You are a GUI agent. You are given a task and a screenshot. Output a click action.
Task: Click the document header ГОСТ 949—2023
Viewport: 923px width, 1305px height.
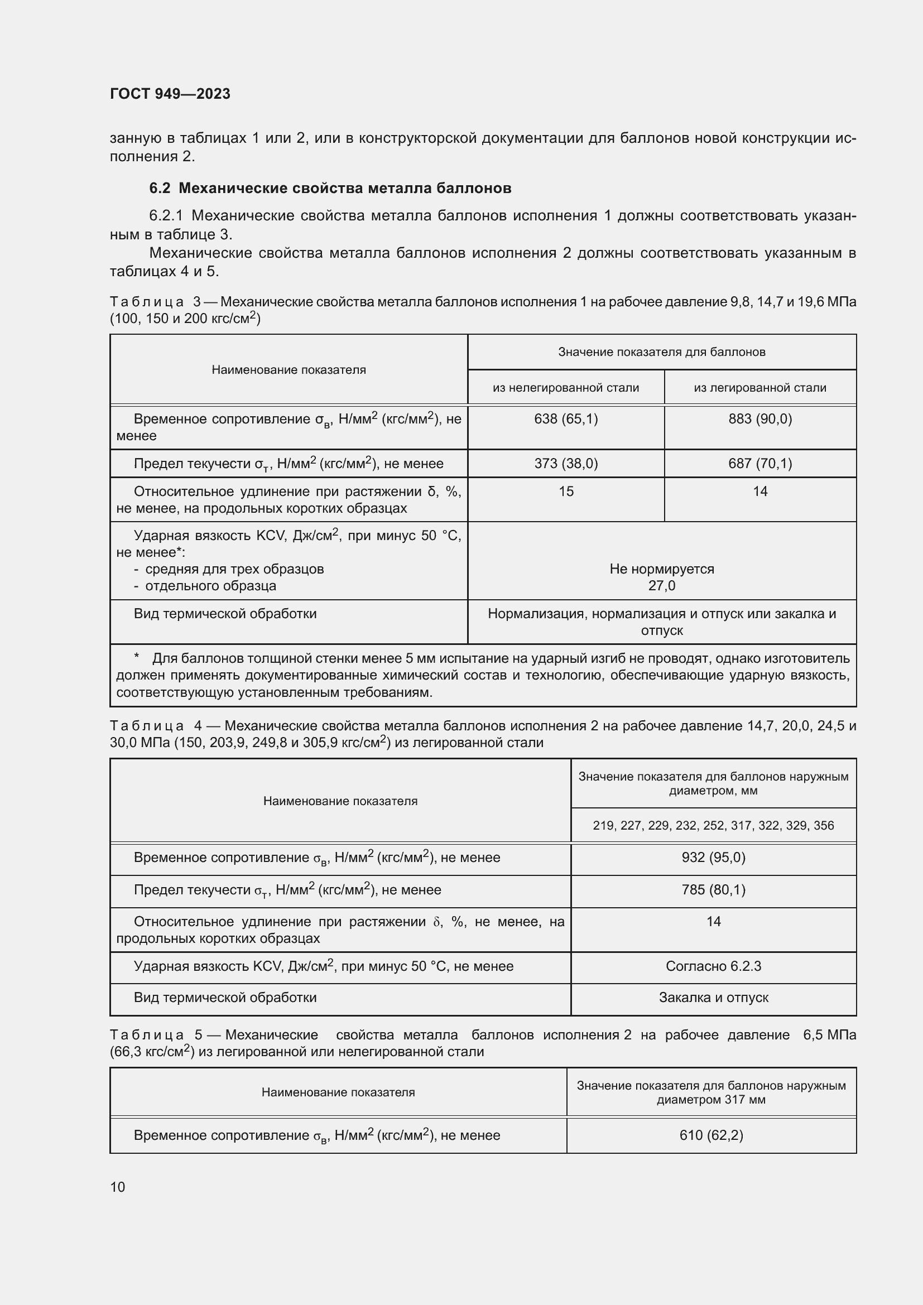(x=170, y=94)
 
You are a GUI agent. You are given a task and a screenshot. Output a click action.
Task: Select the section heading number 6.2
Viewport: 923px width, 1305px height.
(x=159, y=188)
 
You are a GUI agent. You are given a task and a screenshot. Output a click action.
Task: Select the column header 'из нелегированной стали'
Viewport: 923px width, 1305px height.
(x=565, y=388)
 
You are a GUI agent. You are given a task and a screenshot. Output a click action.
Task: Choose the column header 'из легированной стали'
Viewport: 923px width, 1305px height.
(x=760, y=388)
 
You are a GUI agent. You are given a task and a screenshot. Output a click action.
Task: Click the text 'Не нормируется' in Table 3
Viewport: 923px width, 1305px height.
(x=662, y=569)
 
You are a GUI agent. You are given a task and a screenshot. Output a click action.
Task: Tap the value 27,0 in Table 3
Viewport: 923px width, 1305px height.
(x=662, y=585)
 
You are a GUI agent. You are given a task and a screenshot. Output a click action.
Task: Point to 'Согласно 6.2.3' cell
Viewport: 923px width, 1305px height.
(x=713, y=966)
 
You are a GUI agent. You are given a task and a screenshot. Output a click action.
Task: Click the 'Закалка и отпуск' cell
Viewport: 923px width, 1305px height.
(x=713, y=998)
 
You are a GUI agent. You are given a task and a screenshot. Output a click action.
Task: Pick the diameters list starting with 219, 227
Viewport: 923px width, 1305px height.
(x=713, y=825)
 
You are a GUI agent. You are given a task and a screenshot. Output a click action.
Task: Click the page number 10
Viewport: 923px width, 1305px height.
(x=118, y=1187)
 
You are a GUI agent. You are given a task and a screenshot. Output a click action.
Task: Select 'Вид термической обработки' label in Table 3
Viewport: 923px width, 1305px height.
(x=225, y=614)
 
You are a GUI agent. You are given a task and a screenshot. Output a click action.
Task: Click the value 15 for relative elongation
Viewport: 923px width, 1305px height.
(x=566, y=492)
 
